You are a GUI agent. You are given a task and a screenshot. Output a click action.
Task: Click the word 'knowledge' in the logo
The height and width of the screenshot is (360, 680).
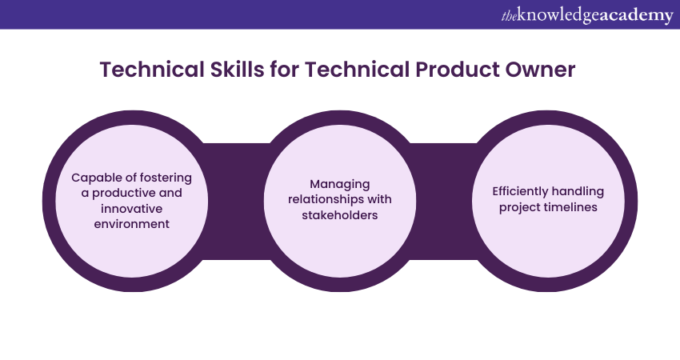tap(559, 16)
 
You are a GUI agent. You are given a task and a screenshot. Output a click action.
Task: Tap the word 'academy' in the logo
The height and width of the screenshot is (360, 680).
tap(637, 16)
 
